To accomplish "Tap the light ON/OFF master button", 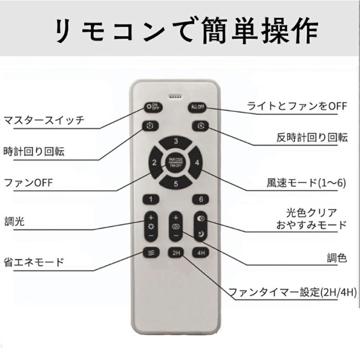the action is point(153,107).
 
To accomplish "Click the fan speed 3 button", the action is point(176,142).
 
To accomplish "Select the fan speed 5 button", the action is point(176,183).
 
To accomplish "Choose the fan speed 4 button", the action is point(195,162).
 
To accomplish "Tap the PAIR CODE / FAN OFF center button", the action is point(176,162).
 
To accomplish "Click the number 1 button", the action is point(151,199).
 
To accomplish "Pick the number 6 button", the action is point(200,199).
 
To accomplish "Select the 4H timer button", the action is point(200,253).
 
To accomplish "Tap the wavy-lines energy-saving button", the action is point(151,253).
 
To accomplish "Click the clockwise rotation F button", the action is point(150,126).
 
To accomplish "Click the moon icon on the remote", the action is point(201,234).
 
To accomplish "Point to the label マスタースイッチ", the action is point(44,120).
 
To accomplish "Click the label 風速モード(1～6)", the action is point(306,183).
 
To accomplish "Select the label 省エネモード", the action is point(34,262).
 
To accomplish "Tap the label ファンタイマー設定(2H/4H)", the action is point(292,292).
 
